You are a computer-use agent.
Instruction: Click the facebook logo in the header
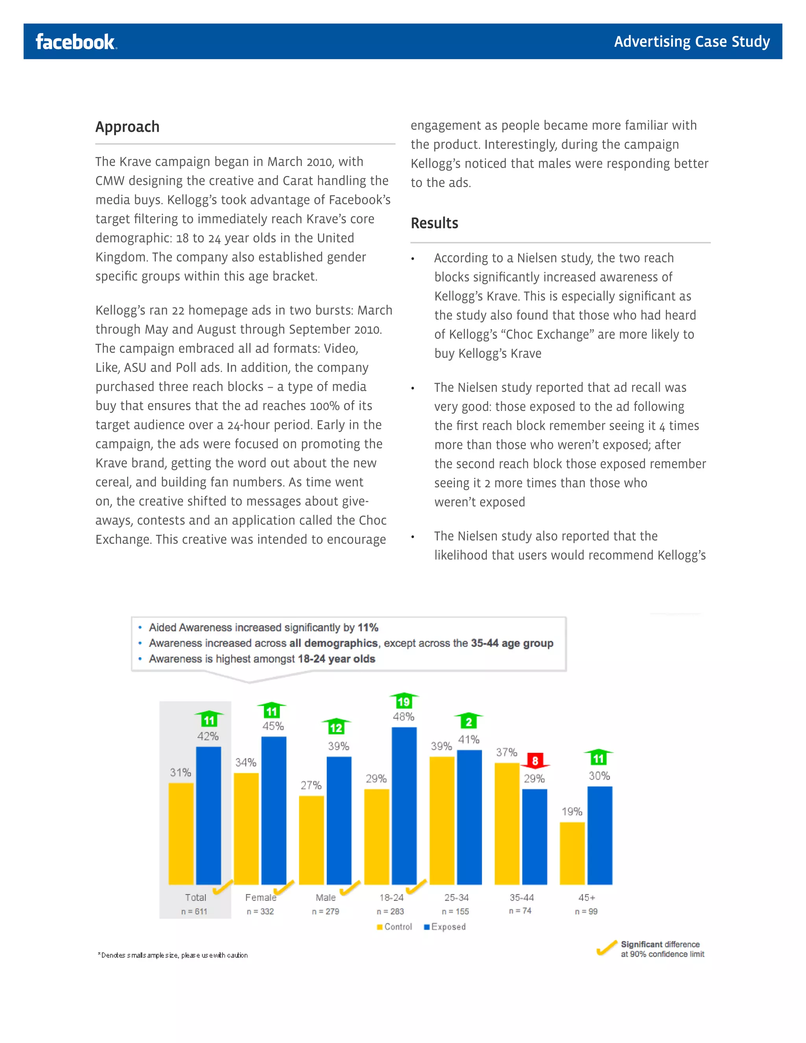[x=76, y=42]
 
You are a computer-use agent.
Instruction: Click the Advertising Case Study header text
[x=691, y=42]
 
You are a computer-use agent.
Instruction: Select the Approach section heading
[x=128, y=127]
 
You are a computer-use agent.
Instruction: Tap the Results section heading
[x=434, y=223]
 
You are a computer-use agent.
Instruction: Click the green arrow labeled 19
[x=404, y=701]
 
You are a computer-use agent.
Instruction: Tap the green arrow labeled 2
[x=468, y=721]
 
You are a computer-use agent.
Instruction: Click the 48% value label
[x=403, y=717]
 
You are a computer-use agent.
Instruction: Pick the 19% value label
[x=571, y=812]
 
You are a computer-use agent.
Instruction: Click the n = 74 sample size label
[x=520, y=911]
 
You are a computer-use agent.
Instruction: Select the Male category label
[x=325, y=898]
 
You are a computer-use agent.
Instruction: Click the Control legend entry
[x=394, y=927]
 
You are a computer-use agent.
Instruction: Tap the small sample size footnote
[x=173, y=955]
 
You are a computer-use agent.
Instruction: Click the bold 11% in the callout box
[x=368, y=627]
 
